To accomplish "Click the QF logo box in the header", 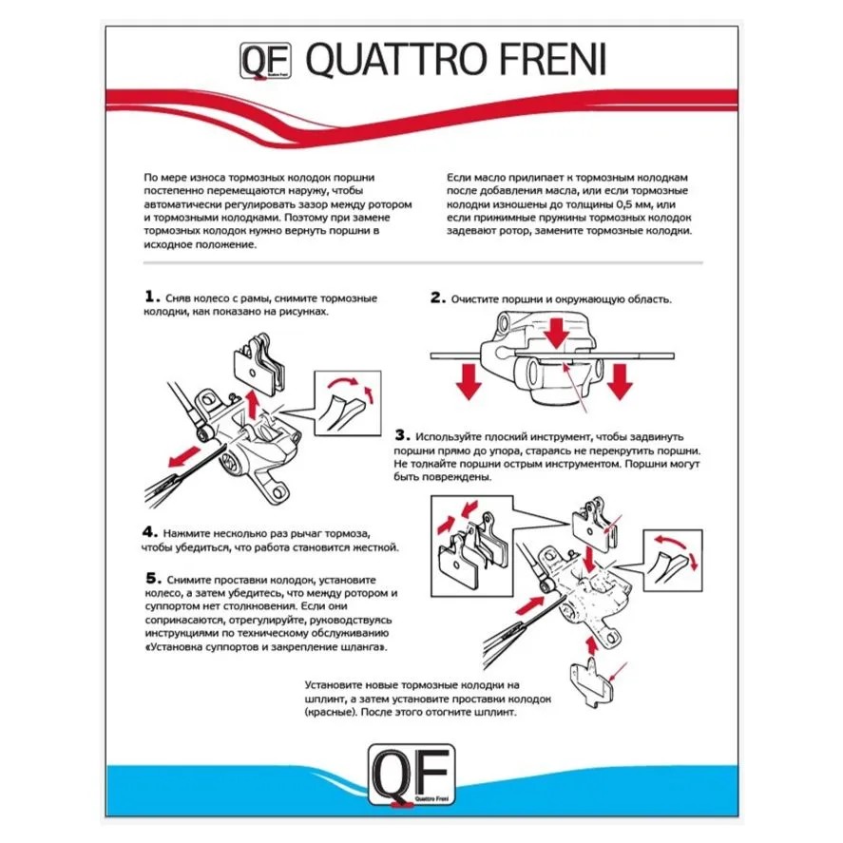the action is pyautogui.click(x=265, y=60).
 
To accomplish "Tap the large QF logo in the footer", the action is pyautogui.click(x=412, y=775).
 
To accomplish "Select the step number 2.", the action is pyautogui.click(x=437, y=297).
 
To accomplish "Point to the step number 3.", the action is pyautogui.click(x=402, y=434).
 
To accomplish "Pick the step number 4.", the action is pyautogui.click(x=150, y=531).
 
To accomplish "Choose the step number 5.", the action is pyautogui.click(x=153, y=578).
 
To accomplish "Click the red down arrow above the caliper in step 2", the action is pyautogui.click(x=556, y=334).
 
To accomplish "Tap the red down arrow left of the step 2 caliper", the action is pyautogui.click(x=469, y=381).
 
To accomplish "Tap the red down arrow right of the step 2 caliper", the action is pyautogui.click(x=620, y=381).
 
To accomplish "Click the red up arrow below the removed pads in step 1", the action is pyautogui.click(x=251, y=404).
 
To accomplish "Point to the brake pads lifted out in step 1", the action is pyautogui.click(x=259, y=363).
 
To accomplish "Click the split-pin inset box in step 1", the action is pyautogui.click(x=347, y=402).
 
